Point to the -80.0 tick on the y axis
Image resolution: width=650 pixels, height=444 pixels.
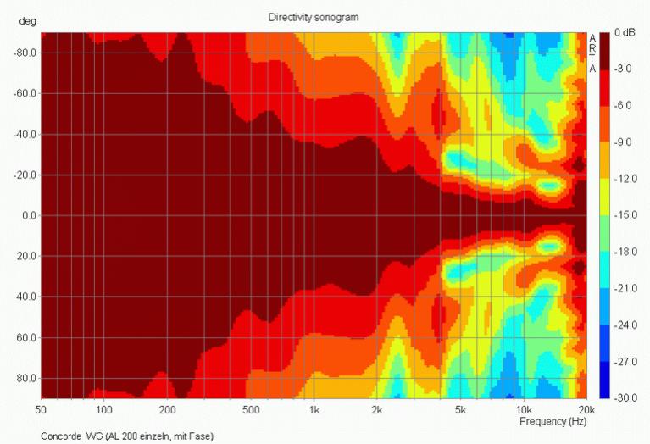22,53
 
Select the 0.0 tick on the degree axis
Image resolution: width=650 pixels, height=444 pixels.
27,215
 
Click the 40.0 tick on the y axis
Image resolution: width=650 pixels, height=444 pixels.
25,297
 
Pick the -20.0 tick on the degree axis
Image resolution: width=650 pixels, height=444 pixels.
22,175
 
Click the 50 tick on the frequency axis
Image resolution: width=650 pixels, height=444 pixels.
42,409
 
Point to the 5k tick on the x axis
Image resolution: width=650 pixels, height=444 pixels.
461,409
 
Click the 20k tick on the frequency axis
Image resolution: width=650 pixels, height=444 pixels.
585,409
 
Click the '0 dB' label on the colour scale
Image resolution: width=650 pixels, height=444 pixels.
624,33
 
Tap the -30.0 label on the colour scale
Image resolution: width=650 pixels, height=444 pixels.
624,397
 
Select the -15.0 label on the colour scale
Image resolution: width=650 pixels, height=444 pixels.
624,215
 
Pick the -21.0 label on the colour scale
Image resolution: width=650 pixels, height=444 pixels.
624,288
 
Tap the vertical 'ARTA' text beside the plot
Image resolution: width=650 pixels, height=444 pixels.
592,53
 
